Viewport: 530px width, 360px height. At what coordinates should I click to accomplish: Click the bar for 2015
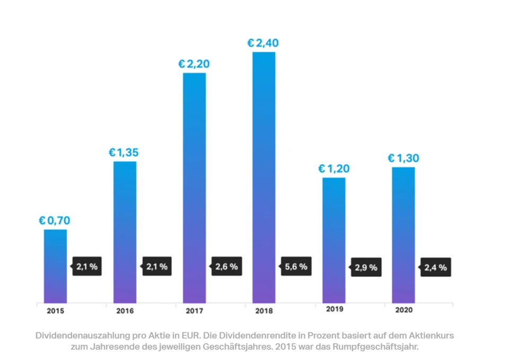click(55, 265)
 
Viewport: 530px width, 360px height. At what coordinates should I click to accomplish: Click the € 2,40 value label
click(263, 43)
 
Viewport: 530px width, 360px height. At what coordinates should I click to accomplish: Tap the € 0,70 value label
click(55, 220)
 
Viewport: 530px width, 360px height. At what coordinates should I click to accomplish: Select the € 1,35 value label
click(123, 153)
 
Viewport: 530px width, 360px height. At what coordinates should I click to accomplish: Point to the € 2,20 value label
click(193, 64)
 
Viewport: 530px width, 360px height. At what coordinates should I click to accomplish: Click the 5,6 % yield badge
click(296, 267)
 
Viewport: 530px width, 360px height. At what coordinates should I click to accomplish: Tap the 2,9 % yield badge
click(366, 268)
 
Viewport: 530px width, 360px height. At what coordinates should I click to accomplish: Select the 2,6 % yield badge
click(226, 267)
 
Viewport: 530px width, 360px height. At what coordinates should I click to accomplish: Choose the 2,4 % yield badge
click(435, 268)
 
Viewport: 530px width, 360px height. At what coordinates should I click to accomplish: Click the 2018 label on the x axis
click(263, 311)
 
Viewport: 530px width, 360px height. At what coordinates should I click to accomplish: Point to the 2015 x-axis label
click(55, 311)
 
